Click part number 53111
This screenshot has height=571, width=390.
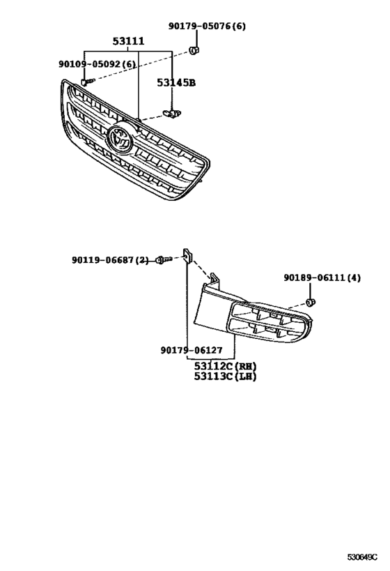click(129, 42)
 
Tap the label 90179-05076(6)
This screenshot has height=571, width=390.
click(207, 26)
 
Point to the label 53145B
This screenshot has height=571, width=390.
click(175, 82)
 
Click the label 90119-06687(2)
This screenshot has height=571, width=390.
click(110, 260)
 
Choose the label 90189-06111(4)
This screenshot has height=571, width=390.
click(322, 277)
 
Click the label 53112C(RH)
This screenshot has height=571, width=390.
click(224, 366)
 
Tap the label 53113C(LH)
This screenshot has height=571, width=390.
click(224, 377)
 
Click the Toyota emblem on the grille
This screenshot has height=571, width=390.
click(120, 139)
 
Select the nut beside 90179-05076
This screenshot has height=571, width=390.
click(195, 50)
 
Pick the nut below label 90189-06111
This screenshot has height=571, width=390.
click(311, 302)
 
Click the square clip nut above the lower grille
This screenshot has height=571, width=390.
click(187, 256)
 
